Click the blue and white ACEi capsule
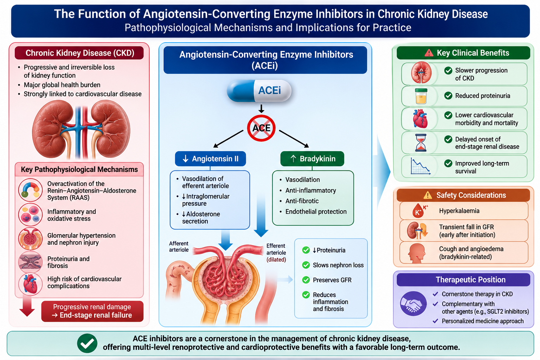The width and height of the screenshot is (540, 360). (259, 91)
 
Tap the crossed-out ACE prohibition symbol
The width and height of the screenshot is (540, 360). (261, 128)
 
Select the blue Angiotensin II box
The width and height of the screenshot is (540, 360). (211, 159)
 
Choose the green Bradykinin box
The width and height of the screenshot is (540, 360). (312, 159)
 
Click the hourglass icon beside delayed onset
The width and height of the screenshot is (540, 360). (421, 142)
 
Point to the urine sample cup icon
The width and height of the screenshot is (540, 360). (421, 96)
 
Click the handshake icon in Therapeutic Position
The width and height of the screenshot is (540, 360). (413, 304)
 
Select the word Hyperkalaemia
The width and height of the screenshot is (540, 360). (459, 211)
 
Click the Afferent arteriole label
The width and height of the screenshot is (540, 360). (179, 246)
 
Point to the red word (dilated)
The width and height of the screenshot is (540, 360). (276, 259)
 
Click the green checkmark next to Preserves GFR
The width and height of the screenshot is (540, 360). (306, 280)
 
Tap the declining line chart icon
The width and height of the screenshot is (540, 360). (420, 166)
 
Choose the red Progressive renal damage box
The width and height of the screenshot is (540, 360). (92, 311)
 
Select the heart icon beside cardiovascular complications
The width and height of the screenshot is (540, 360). (30, 284)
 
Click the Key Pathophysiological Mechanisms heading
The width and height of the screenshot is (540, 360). (79, 169)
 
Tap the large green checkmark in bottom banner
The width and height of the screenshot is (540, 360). (87, 343)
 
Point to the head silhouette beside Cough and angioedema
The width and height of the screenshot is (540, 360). (417, 253)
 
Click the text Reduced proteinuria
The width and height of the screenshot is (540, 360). (483, 96)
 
